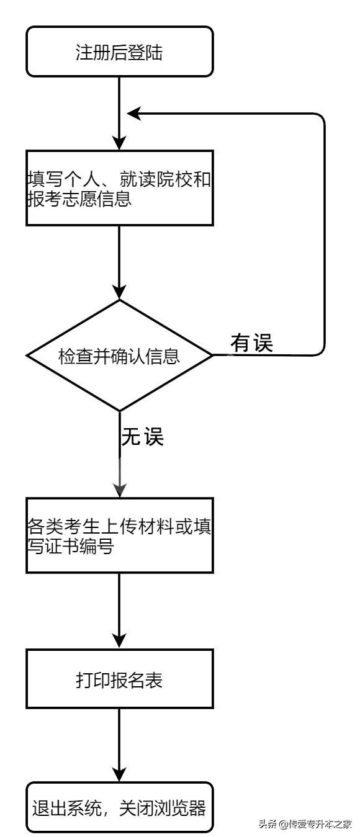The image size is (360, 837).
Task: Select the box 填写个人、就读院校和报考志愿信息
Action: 119,188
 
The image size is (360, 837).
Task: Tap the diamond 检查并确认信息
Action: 119,356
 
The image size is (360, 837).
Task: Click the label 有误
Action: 252,343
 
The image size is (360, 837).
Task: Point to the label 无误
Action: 142,437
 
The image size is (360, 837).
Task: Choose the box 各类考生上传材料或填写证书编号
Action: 119,535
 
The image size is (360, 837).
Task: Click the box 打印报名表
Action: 119,680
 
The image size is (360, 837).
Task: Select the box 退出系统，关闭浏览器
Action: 119,809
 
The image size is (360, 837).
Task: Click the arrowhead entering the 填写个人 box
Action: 119,142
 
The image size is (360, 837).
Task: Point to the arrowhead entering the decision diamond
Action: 119,292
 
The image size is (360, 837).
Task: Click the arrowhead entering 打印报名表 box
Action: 119,641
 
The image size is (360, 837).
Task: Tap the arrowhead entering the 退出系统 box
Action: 119,776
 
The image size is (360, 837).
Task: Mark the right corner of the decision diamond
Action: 212,356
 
